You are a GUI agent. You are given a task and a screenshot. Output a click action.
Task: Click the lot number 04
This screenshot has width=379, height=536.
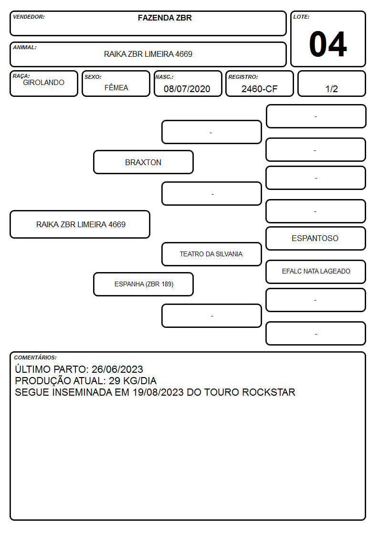coord(328,44)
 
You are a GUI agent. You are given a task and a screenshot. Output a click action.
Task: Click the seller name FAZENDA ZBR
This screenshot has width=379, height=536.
coord(165,18)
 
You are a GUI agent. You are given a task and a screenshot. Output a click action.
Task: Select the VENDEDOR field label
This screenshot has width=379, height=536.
coord(29,17)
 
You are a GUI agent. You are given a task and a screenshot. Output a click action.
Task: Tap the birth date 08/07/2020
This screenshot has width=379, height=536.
coord(187,89)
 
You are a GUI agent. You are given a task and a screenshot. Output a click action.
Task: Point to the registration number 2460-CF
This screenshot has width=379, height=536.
coord(259,89)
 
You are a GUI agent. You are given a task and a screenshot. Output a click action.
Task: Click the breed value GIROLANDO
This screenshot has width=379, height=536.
coord(43,83)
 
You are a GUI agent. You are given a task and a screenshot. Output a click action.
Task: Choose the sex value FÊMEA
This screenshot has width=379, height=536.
coord(116,87)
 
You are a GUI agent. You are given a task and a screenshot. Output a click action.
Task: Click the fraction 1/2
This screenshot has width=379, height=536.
coord(331,89)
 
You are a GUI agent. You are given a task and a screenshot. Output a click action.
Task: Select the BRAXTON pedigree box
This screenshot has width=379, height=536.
coord(143,162)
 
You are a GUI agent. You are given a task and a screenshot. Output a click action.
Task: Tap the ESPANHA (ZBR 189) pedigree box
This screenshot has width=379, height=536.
coord(143,284)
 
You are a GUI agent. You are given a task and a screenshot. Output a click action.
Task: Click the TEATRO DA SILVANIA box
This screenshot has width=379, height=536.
coord(211,254)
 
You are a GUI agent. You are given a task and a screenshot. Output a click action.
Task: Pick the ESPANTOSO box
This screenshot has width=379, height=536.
coord(316,238)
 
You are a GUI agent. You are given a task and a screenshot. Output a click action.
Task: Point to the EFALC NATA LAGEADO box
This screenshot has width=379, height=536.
coord(316,272)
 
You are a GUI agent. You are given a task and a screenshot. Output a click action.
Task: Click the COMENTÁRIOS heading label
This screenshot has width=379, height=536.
coord(35,357)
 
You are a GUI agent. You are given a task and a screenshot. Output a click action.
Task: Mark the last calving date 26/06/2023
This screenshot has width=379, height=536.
coord(117,369)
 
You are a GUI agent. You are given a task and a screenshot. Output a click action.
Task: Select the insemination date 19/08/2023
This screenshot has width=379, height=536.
coord(158,392)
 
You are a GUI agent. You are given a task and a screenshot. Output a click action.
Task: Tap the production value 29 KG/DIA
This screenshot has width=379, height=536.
coord(133,381)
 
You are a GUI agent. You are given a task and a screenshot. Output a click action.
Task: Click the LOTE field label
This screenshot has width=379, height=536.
coord(301,17)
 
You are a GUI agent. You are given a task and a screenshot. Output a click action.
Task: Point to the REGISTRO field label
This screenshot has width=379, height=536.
coord(243,77)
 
